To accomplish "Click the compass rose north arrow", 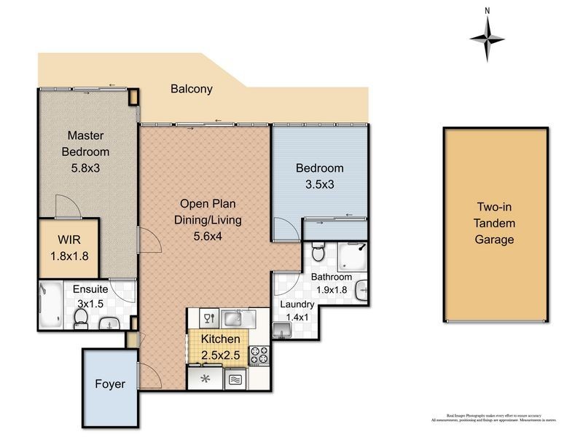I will click(x=488, y=36).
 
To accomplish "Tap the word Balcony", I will click(x=192, y=90).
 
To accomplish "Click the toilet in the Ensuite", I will click(x=80, y=317).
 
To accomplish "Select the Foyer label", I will click(x=110, y=384).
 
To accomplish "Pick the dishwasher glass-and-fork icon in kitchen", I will click(x=208, y=318).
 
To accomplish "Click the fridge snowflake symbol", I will click(x=206, y=378).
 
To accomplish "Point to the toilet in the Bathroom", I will click(x=317, y=254).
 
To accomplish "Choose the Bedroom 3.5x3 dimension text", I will click(x=319, y=184).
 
